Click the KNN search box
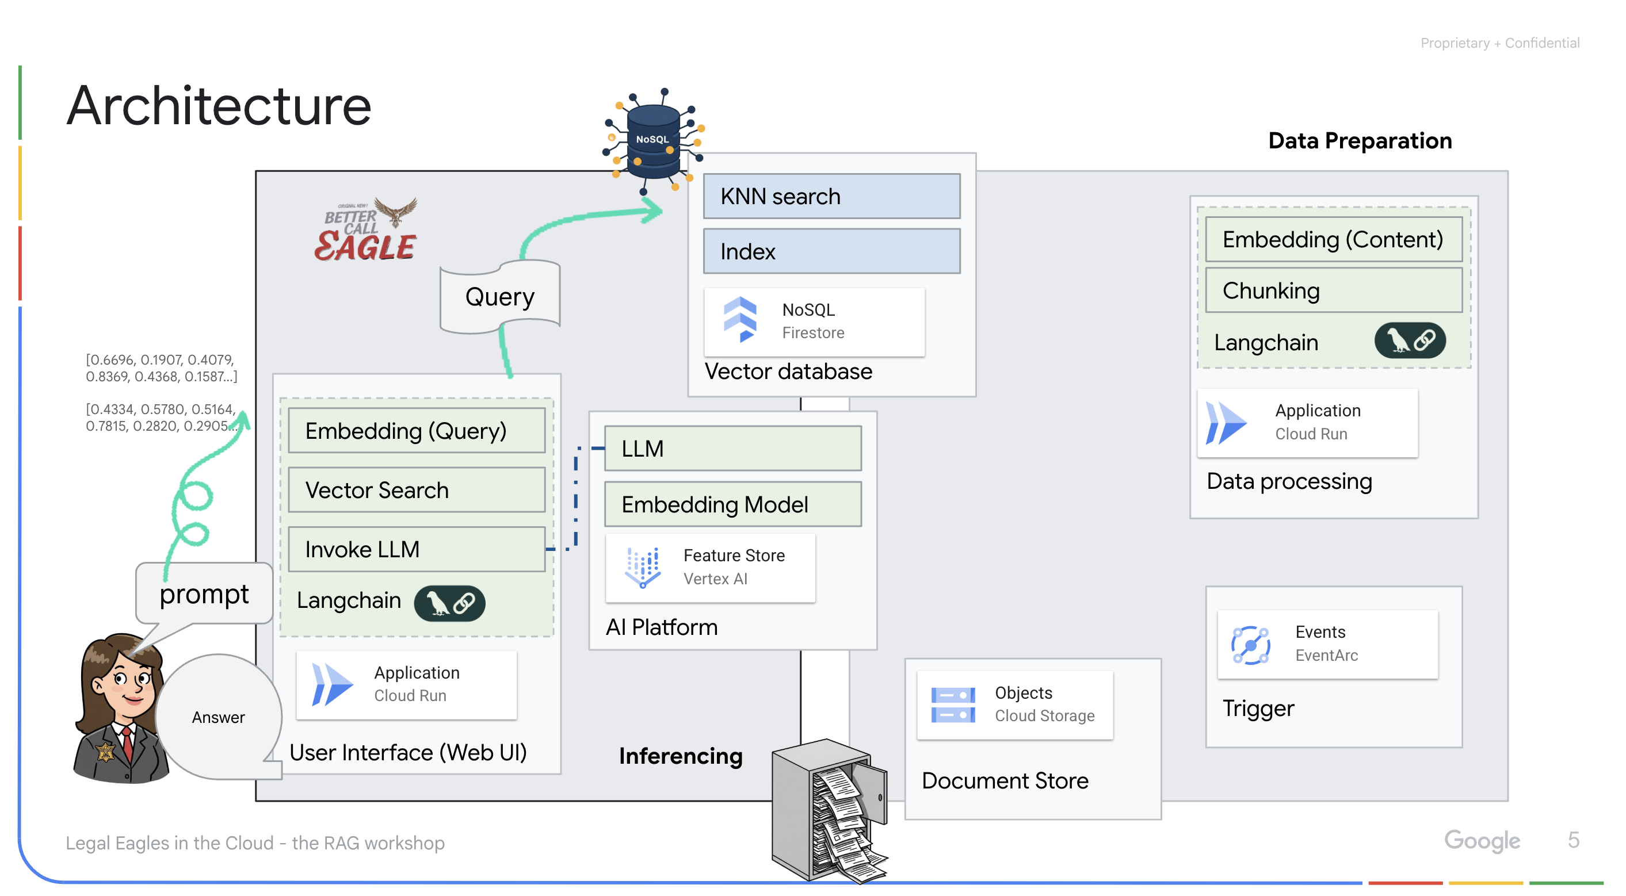(831, 196)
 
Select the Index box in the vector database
(831, 251)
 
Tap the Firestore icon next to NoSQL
(740, 320)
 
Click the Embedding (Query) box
(416, 430)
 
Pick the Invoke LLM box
(416, 549)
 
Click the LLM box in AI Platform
(732, 448)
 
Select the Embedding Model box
(732, 504)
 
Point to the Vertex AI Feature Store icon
(643, 566)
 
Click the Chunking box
(1333, 290)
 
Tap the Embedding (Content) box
(1333, 239)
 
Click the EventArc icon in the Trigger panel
(1250, 644)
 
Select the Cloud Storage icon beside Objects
(952, 704)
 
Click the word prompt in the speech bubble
(204, 593)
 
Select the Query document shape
(499, 297)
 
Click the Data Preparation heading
(1360, 141)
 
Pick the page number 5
(1573, 840)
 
